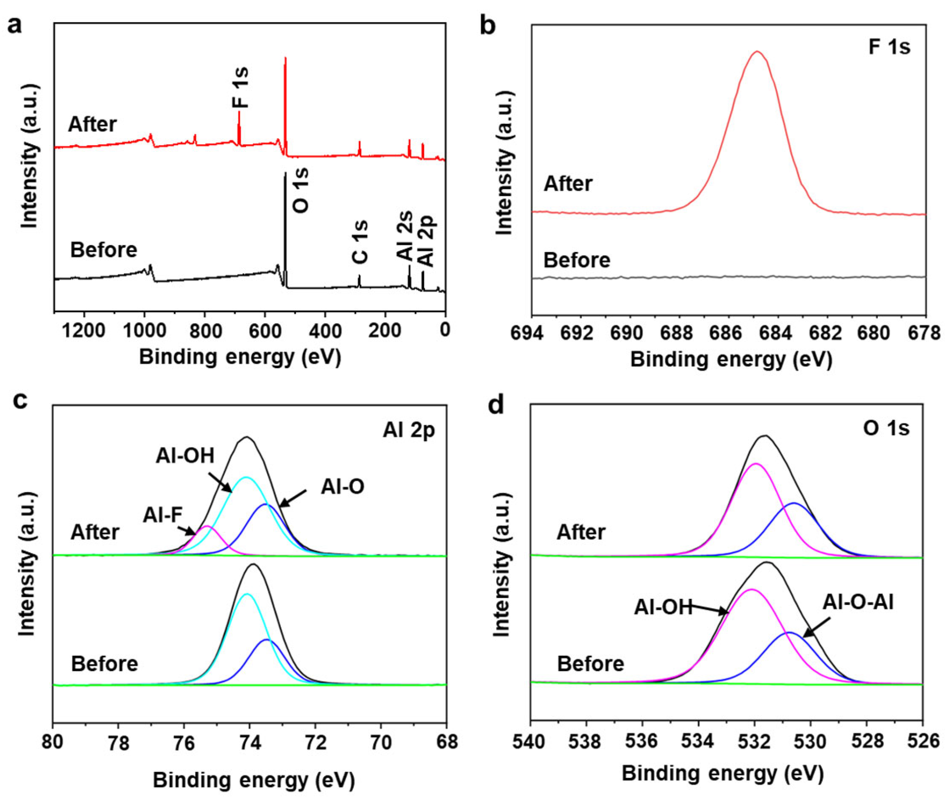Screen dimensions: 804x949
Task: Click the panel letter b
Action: click(x=488, y=27)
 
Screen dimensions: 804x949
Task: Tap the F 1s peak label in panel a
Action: click(x=240, y=87)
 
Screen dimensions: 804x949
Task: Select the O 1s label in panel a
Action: click(x=301, y=191)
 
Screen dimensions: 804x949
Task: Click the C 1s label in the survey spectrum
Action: click(x=360, y=242)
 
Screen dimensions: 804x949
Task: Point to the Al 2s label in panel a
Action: click(x=405, y=236)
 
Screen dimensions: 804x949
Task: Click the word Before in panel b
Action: click(x=577, y=260)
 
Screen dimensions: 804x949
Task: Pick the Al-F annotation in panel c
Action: click(x=163, y=516)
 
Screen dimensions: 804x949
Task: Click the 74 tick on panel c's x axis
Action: click(x=249, y=743)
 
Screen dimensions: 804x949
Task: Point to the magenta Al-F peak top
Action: click(x=206, y=526)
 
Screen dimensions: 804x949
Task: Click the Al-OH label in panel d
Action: click(x=663, y=608)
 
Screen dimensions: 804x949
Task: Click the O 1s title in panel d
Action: click(x=886, y=429)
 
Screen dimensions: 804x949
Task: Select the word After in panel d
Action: click(x=581, y=532)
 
